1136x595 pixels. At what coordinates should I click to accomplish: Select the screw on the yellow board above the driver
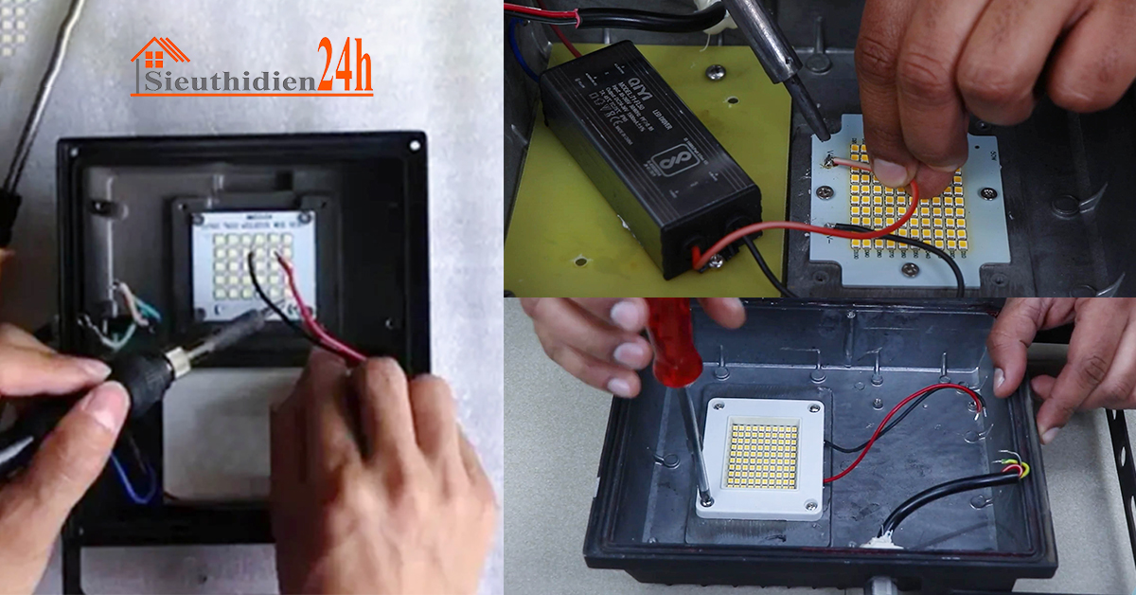coord(717,70)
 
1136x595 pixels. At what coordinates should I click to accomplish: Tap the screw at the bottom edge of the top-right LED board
coord(909,270)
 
